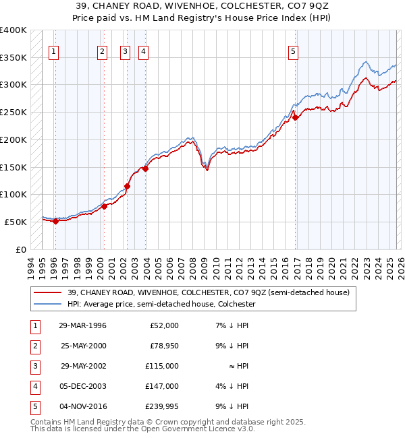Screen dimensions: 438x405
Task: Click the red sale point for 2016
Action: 295,117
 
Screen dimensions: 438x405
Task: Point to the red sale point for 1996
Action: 55,221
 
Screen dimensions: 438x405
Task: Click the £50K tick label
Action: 16,222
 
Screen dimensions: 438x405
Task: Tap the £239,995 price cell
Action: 163,406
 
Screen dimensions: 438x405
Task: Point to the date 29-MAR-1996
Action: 83,325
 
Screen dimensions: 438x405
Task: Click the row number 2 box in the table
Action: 34,346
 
